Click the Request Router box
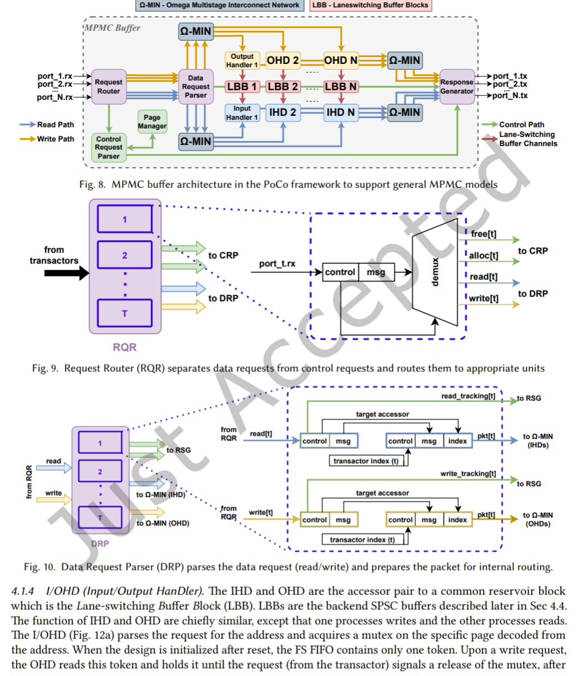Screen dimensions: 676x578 point(108,86)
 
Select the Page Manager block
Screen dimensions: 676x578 point(152,122)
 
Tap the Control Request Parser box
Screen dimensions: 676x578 point(108,147)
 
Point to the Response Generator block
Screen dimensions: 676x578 point(457,86)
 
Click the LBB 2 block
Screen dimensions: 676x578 point(283,87)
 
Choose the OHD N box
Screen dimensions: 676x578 point(341,61)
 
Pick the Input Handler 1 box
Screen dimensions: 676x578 point(242,112)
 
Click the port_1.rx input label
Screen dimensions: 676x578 point(55,76)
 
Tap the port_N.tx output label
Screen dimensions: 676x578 point(510,95)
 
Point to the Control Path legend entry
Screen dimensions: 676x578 point(522,124)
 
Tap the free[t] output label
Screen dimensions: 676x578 point(484,234)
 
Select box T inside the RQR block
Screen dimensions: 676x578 point(124,313)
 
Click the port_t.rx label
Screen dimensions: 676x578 point(277,264)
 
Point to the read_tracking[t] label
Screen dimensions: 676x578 point(468,396)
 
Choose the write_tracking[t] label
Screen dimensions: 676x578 point(468,474)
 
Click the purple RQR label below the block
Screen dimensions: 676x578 point(124,347)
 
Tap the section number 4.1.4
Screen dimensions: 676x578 point(23,591)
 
